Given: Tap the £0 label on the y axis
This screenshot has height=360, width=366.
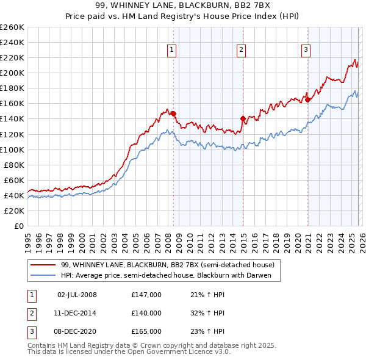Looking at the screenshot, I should [x=20, y=226].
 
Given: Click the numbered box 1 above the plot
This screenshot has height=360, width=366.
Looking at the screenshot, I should [x=171, y=50].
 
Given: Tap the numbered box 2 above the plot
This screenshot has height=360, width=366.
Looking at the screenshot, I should [x=242, y=50].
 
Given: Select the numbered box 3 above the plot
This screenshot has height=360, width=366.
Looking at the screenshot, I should [x=306, y=50].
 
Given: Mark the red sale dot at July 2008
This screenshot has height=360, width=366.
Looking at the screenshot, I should [x=174, y=113].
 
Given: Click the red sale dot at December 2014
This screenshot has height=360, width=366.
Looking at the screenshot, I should [x=243, y=118].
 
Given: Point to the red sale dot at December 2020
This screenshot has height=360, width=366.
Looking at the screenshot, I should [x=308, y=99].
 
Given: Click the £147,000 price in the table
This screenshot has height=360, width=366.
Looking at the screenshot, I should [x=146, y=294].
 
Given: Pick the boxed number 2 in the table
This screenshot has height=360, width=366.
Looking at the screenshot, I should [x=31, y=312].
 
